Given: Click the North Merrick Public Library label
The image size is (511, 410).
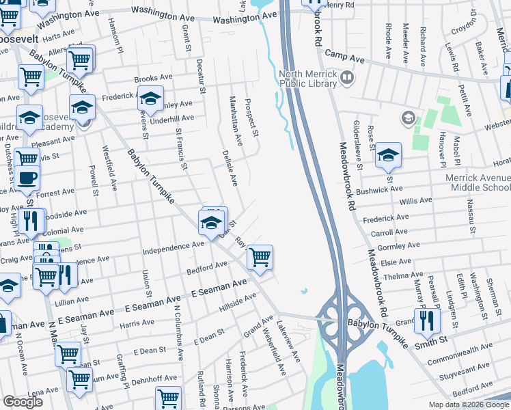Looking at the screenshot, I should pyautogui.click(x=307, y=79).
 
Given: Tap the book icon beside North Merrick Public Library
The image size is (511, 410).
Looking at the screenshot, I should pyautogui.click(x=347, y=78).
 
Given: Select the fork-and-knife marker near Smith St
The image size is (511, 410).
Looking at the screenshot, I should pyautogui.click(x=426, y=320).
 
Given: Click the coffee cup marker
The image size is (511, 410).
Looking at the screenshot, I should pyautogui.click(x=27, y=179).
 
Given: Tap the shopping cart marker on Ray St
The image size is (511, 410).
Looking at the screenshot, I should pyautogui.click(x=260, y=258).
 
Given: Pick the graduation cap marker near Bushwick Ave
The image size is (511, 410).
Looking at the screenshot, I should pyautogui.click(x=388, y=156).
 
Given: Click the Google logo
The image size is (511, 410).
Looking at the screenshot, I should pyautogui.click(x=23, y=402).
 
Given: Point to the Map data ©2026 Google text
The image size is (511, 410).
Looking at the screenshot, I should pyautogui.click(x=468, y=405).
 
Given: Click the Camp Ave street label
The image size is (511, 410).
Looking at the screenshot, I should pyautogui.click(x=342, y=53).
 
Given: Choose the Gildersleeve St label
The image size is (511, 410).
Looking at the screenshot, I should pyautogui.click(x=359, y=146).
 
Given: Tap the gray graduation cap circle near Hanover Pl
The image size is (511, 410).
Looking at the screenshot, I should pyautogui.click(x=408, y=118).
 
